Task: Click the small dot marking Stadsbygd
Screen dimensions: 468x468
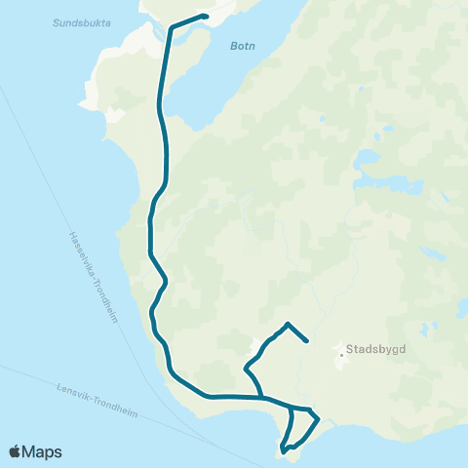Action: [341, 354]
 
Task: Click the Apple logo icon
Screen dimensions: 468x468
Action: [16, 451]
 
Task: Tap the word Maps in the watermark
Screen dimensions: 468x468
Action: [44, 451]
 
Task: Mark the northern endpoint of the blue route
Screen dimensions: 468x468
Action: [206, 17]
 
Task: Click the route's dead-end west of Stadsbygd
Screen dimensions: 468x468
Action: [308, 341]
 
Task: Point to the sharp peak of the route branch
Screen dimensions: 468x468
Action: [288, 323]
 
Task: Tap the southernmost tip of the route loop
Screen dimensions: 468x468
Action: [283, 451]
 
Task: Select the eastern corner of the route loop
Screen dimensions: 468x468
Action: [319, 420]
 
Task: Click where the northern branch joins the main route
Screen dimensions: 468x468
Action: [263, 397]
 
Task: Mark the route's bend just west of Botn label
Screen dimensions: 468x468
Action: [173, 28]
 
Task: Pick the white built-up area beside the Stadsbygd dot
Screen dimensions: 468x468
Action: [344, 363]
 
